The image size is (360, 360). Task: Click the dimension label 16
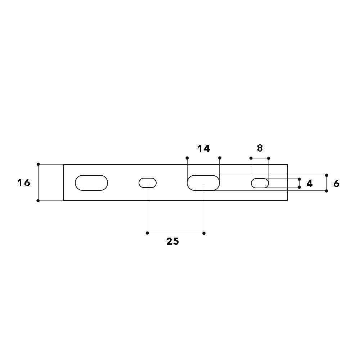24,183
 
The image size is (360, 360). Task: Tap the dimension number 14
204,149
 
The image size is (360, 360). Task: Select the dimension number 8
260,148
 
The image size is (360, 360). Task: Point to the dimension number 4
310,184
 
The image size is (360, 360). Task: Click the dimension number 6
336,184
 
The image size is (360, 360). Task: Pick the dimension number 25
173,241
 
